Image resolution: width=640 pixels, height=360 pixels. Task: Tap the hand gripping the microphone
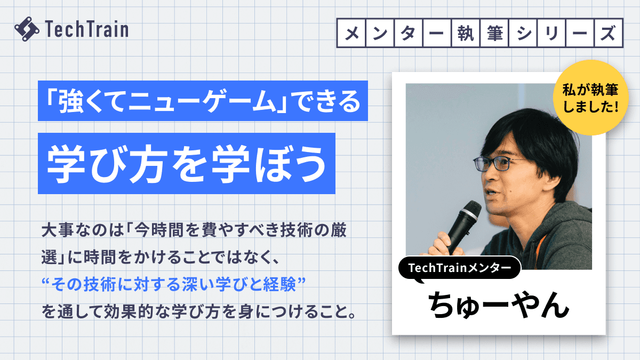click(x=445, y=241)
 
